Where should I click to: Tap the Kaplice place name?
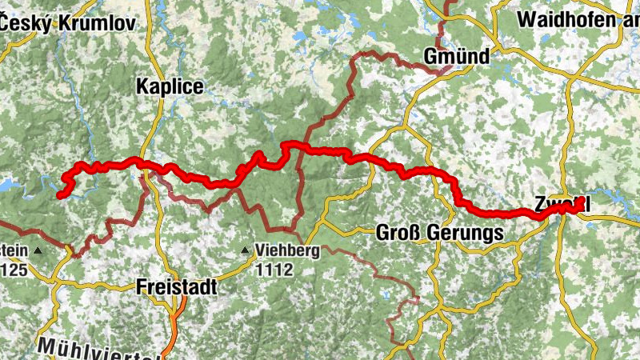pyautogui.click(x=170, y=86)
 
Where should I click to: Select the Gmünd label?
pyautogui.click(x=457, y=56)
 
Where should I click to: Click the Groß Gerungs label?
pyautogui.click(x=439, y=234)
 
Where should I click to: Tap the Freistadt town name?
pyautogui.click(x=176, y=286)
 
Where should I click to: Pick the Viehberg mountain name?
pyautogui.click(x=287, y=250)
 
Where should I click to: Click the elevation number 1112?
pyautogui.click(x=274, y=270)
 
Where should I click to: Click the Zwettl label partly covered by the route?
pyautogui.click(x=563, y=206)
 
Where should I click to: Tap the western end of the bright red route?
pyautogui.click(x=60, y=194)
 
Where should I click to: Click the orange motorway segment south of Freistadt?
pyautogui.click(x=178, y=316)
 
